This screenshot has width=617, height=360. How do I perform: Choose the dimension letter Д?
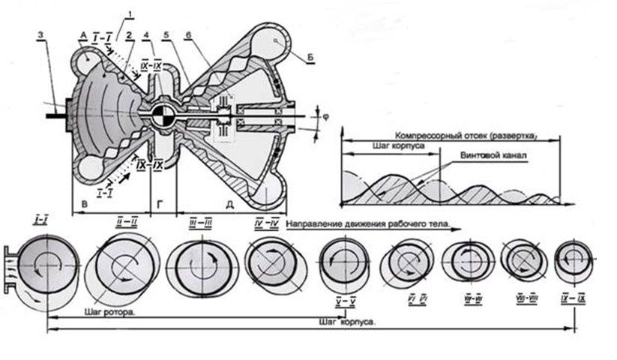click(x=226, y=203)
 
